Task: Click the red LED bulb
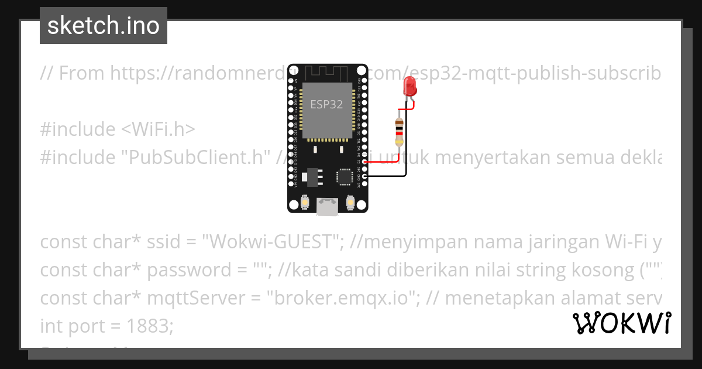[410, 88]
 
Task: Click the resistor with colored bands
[399, 131]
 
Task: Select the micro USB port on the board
[326, 206]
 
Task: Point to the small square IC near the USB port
[344, 176]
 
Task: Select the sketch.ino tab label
[104, 26]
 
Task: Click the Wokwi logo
[621, 323]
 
